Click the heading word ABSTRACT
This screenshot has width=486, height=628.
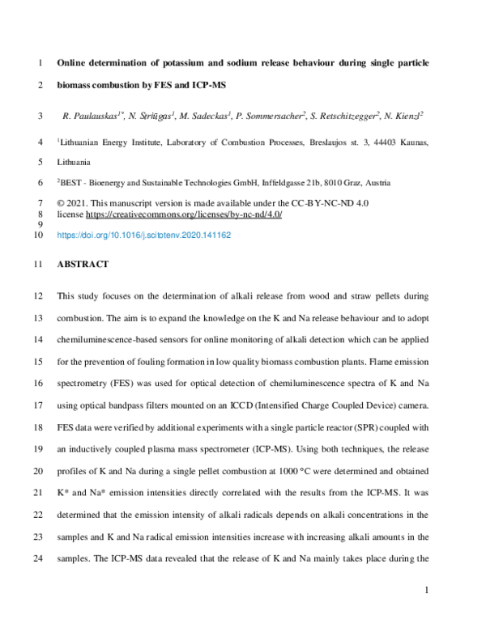[x=83, y=265]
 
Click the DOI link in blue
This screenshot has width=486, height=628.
[x=143, y=235]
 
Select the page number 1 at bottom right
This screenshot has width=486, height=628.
[x=426, y=592]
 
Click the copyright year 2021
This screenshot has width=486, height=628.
[x=83, y=205]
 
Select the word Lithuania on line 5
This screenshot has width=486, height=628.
[x=79, y=162]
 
